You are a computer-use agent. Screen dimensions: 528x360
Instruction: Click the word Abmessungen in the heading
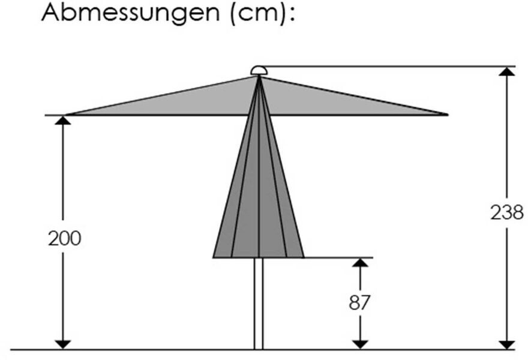pyautogui.click(x=131, y=13)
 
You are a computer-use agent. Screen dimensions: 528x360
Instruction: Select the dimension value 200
pyautogui.click(x=64, y=238)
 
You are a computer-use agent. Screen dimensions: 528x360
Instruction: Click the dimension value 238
pyautogui.click(x=507, y=212)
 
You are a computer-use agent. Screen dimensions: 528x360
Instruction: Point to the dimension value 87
pyautogui.click(x=360, y=302)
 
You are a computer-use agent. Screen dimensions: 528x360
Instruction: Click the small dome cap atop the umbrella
pyautogui.click(x=259, y=71)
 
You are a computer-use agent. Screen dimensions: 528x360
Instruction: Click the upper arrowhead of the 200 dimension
pyautogui.click(x=63, y=120)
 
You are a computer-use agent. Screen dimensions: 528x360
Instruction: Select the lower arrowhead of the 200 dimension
pyautogui.click(x=63, y=344)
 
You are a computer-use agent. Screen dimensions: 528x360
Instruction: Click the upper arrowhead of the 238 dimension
pyautogui.click(x=508, y=71)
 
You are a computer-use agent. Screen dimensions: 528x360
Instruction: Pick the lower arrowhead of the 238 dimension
pyautogui.click(x=508, y=344)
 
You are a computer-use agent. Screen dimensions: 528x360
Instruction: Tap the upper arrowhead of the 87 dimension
pyautogui.click(x=360, y=263)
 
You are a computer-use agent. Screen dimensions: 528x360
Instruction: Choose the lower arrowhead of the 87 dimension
pyautogui.click(x=360, y=344)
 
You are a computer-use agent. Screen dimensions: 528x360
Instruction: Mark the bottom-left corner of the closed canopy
pyautogui.click(x=214, y=257)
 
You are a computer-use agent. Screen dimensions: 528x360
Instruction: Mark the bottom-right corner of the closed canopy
pyautogui.click(x=304, y=257)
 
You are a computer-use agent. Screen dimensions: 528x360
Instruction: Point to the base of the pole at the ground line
pyautogui.click(x=259, y=348)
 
